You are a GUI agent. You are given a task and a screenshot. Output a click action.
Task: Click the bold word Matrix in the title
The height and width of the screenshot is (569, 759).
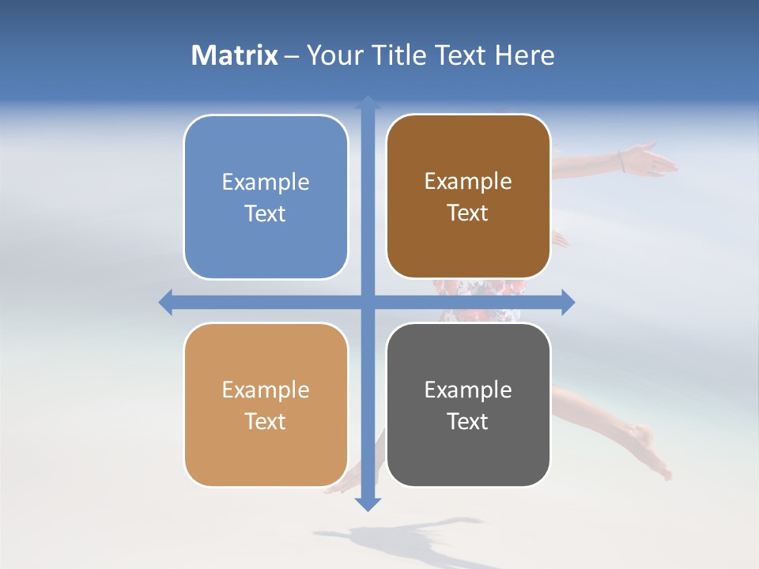(x=235, y=55)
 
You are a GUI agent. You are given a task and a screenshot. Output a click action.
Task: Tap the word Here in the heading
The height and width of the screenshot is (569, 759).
(x=525, y=55)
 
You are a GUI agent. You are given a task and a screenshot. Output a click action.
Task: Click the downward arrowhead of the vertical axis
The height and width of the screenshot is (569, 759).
(x=368, y=503)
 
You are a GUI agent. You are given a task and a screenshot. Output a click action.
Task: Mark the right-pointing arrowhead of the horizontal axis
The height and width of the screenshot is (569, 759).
(x=568, y=302)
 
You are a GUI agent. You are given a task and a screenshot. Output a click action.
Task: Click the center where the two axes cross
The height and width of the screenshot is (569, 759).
(x=368, y=302)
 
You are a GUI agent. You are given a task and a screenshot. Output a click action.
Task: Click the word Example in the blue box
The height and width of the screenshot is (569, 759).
(x=266, y=183)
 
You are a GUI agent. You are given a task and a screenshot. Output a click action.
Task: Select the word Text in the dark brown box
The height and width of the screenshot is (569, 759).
(x=467, y=213)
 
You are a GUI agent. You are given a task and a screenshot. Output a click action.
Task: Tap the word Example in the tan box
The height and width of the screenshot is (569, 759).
(x=266, y=390)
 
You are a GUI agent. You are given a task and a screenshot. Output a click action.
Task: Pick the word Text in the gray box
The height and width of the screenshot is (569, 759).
(x=467, y=421)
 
